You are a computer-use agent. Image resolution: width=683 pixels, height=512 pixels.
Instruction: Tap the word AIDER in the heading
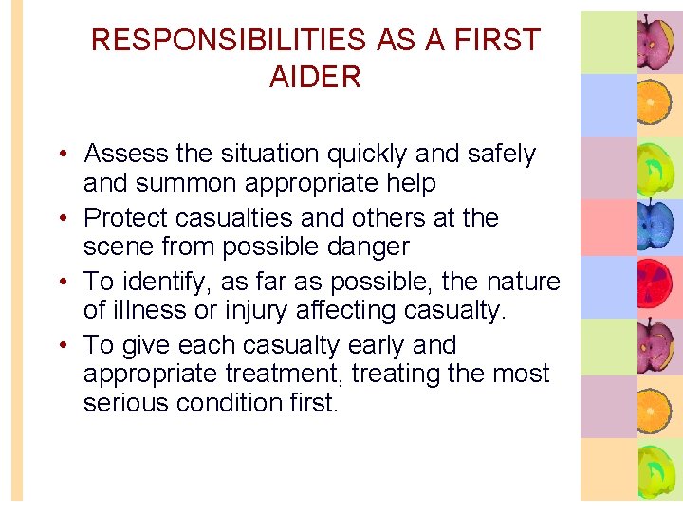[x=315, y=78]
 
